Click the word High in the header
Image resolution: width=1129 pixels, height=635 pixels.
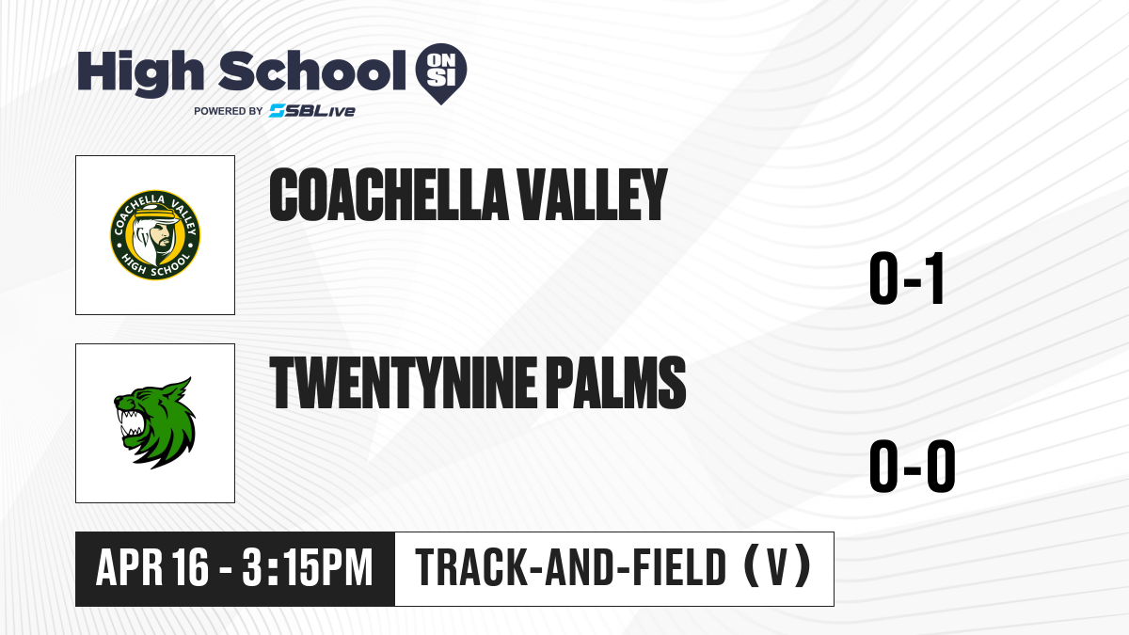pyautogui.click(x=140, y=72)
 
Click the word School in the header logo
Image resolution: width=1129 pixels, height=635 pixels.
pyautogui.click(x=312, y=71)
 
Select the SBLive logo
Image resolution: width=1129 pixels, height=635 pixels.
pyautogui.click(x=312, y=111)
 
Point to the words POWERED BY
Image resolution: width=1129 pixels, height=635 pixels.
pyautogui.click(x=229, y=111)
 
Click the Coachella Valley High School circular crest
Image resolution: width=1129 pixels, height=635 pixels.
pyautogui.click(x=155, y=235)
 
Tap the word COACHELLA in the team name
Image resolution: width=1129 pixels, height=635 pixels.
pyautogui.click(x=389, y=195)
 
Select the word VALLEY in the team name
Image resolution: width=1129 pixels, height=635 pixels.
pyautogui.click(x=594, y=195)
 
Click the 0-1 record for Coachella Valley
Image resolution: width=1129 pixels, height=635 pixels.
pyautogui.click(x=907, y=278)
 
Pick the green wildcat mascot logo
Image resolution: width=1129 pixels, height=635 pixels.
pyautogui.click(x=155, y=423)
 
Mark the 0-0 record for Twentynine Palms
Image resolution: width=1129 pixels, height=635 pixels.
pyautogui.click(x=913, y=467)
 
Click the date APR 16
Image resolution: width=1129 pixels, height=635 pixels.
pyautogui.click(x=151, y=568)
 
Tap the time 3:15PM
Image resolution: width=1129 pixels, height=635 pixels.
pyautogui.click(x=308, y=568)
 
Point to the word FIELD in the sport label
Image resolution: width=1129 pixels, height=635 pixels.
pyautogui.click(x=679, y=567)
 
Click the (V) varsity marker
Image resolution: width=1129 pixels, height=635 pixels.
pyautogui.click(x=778, y=567)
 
